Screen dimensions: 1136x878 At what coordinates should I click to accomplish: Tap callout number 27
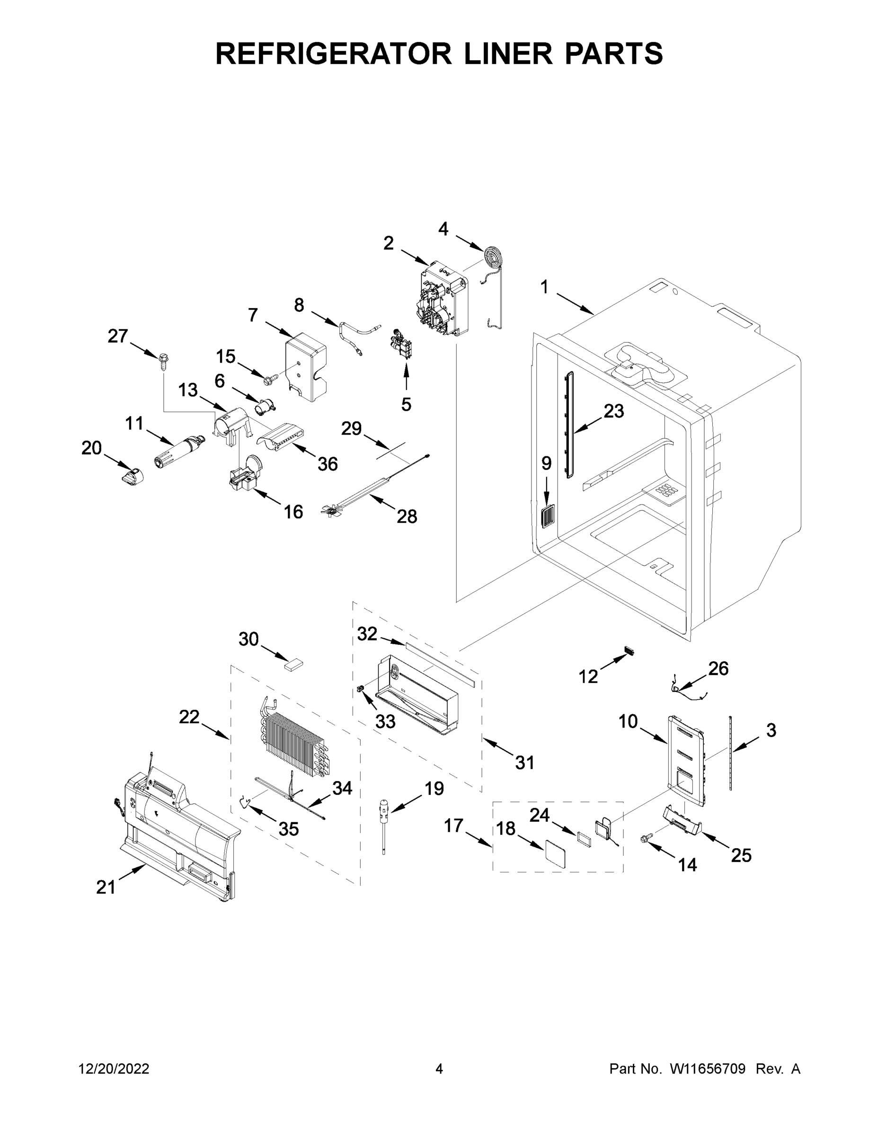[117, 336]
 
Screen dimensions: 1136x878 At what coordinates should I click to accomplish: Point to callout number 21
[106, 887]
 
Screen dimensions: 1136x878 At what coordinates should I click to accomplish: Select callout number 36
[328, 463]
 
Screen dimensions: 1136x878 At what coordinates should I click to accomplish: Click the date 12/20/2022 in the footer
[114, 1068]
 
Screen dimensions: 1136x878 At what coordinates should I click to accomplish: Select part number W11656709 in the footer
[708, 1068]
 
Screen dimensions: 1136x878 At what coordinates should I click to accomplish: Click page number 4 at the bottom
[439, 1068]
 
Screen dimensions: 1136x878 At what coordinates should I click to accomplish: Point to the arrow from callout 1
[575, 304]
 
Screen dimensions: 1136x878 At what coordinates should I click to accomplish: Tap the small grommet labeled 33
[359, 689]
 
